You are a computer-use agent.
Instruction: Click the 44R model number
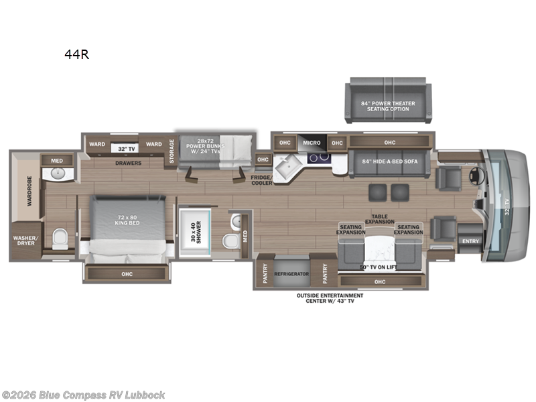click(x=76, y=55)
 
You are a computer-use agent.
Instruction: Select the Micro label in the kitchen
click(x=312, y=143)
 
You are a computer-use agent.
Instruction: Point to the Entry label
click(x=470, y=241)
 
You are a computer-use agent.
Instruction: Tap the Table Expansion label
click(x=380, y=219)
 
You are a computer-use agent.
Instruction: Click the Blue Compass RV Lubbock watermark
click(x=84, y=395)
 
